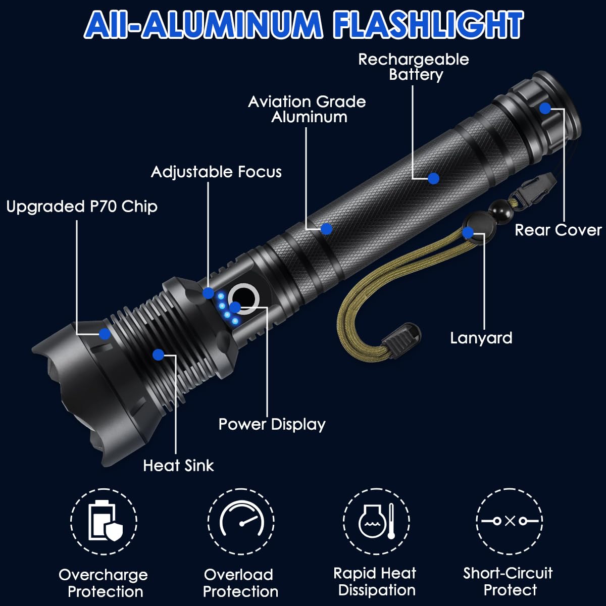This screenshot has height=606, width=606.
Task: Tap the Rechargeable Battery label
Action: click(x=414, y=67)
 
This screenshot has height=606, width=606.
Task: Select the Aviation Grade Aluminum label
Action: click(x=307, y=109)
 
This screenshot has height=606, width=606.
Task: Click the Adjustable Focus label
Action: click(x=216, y=172)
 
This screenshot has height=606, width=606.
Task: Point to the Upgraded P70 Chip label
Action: click(x=82, y=207)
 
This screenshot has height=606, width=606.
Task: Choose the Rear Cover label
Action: click(x=558, y=230)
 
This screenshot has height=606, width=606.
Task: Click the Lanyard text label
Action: click(x=481, y=338)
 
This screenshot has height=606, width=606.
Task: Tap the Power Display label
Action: click(x=272, y=424)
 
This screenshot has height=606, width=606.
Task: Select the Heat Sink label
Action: click(x=178, y=465)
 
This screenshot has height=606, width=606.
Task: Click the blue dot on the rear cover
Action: click(x=545, y=108)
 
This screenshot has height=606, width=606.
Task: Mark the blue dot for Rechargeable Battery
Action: click(x=433, y=178)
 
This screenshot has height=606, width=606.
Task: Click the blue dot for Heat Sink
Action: click(x=158, y=355)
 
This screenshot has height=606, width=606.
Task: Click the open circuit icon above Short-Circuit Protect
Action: click(x=510, y=521)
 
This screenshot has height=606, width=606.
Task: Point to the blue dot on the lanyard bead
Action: click(x=468, y=233)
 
